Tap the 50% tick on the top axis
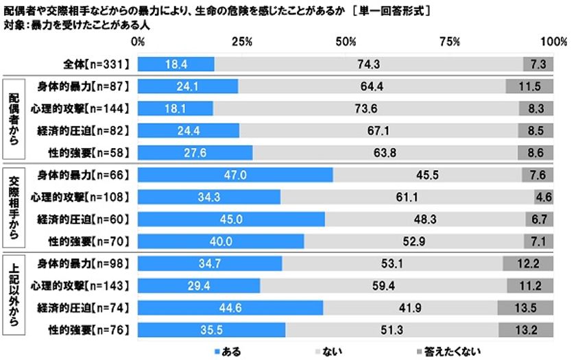346,43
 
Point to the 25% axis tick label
241,43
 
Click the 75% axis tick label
450,43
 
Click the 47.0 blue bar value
236,175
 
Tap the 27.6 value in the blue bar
196,152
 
